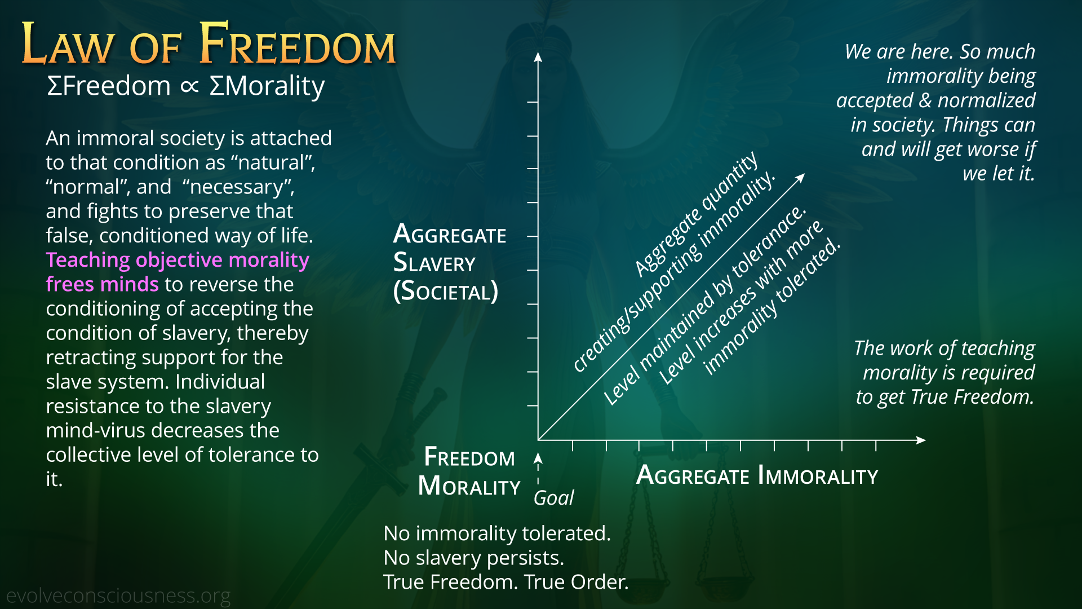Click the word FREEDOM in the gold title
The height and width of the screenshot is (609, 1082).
pos(298,44)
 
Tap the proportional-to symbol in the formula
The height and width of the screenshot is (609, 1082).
pos(190,86)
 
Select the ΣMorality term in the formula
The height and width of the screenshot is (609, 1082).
pos(267,86)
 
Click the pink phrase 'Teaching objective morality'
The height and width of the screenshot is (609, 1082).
pos(178,260)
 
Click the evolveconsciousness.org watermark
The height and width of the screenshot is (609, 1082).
pos(118,595)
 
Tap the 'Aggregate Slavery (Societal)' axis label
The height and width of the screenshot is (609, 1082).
pos(450,263)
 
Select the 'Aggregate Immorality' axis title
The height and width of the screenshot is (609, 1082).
pos(757,475)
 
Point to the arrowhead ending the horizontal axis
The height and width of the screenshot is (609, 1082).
pos(921,440)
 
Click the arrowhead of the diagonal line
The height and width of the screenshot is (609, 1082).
pos(800,178)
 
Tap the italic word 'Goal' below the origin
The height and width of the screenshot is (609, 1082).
pos(553,498)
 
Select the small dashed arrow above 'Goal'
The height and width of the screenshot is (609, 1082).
pos(538,468)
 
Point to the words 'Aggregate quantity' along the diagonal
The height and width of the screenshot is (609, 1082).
pos(697,214)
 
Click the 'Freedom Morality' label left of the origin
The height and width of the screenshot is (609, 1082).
pos(469,471)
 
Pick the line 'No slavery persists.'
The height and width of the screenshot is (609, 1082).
pos(473,558)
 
